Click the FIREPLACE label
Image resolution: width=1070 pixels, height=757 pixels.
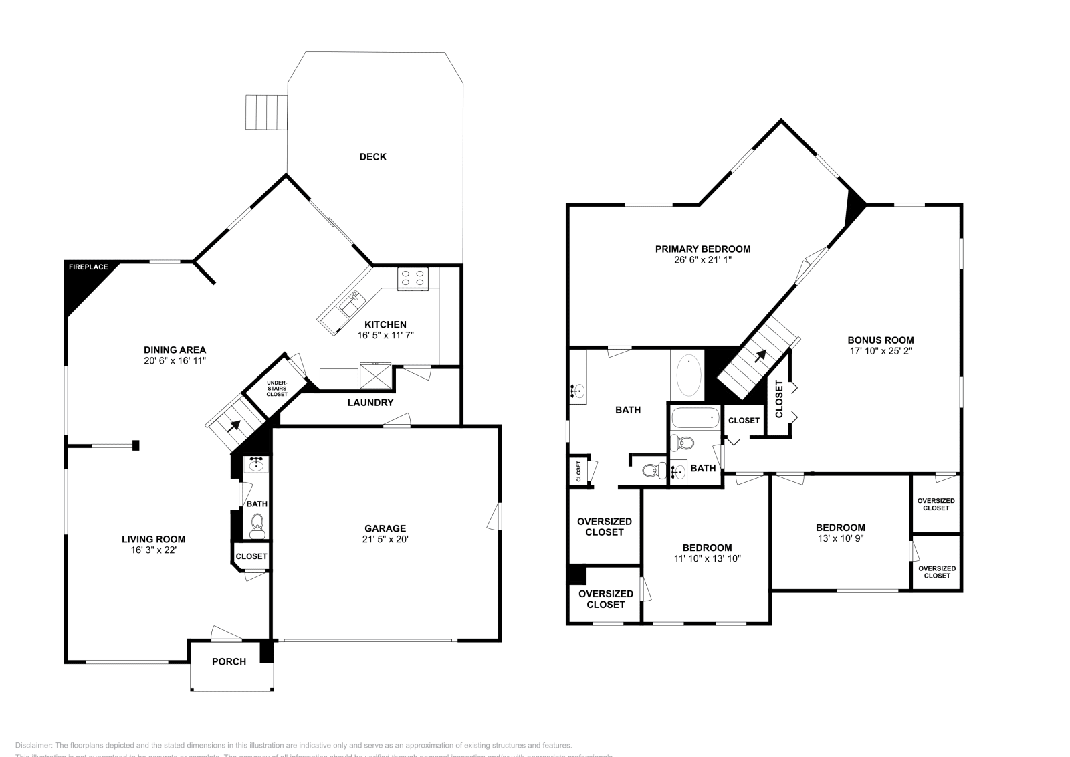pos(88,267)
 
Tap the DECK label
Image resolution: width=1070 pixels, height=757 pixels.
pos(372,157)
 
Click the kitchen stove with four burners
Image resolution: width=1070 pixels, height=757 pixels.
pos(413,278)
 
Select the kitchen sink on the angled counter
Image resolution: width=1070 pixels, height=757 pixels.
pos(349,306)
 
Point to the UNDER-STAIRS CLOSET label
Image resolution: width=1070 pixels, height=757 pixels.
pos(276,389)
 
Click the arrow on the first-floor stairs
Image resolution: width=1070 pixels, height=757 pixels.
pos(235,425)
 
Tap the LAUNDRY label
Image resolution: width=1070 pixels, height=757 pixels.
pos(370,403)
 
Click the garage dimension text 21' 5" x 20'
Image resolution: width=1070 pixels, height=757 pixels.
pos(385,539)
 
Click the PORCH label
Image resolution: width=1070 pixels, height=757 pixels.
pos(229,661)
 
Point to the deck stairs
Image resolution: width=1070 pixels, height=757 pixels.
pos(266,112)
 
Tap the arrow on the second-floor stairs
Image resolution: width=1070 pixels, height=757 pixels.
pos(760,356)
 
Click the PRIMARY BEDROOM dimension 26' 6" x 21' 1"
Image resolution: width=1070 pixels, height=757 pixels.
pos(702,260)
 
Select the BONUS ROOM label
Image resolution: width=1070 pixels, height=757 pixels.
pos(880,340)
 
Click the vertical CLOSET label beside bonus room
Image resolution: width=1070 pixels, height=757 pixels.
pos(778,399)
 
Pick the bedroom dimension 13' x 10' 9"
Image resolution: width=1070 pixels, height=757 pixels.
pos(840,538)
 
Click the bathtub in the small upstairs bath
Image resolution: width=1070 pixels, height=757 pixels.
pos(695,419)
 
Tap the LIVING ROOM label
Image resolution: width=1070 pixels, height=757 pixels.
pos(153,539)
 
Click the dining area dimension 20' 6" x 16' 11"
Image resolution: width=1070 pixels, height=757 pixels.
pos(175,360)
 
